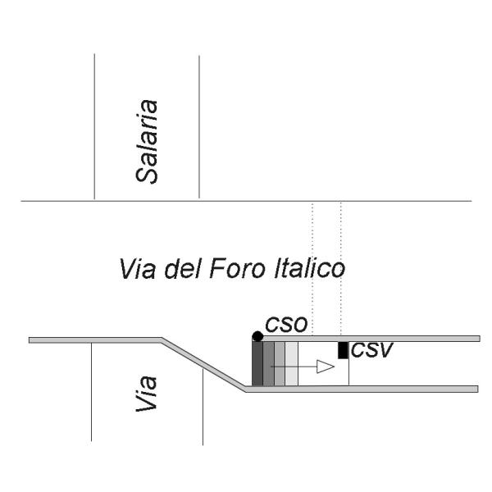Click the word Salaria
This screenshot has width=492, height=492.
tap(148, 142)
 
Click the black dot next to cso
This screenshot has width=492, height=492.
tap(257, 336)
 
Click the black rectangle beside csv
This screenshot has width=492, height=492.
tap(343, 349)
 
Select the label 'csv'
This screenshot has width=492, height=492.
tap(370, 350)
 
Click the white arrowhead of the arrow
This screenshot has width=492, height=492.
tap(326, 367)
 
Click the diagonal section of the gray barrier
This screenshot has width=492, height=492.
tap(205, 362)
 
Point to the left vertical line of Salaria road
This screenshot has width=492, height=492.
tap(94, 123)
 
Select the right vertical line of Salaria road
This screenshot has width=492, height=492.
tap(199, 123)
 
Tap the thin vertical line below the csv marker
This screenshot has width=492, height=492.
tap(349, 371)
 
